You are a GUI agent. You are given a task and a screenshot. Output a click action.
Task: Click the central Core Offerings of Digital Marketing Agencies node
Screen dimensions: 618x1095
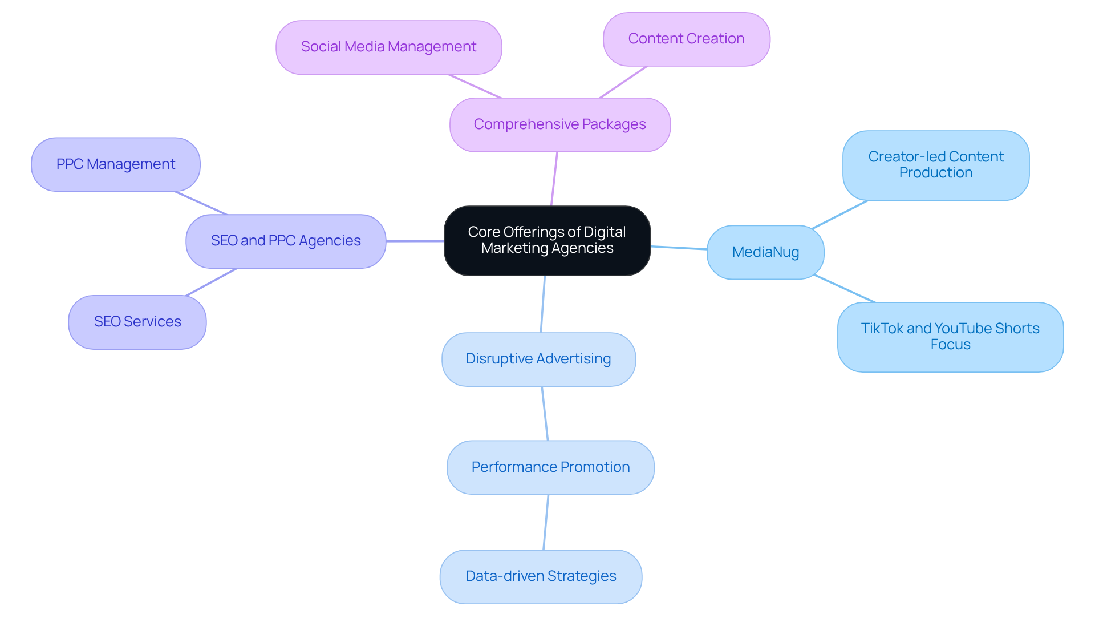click(x=547, y=240)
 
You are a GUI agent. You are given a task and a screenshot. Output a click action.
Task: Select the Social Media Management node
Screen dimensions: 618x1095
click(x=388, y=47)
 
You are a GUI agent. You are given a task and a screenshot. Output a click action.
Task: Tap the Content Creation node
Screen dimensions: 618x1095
click(x=686, y=39)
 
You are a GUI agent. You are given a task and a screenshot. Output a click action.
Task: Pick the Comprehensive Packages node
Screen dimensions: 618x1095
click(x=559, y=124)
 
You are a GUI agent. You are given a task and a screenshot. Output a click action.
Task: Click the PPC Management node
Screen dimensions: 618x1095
click(x=115, y=164)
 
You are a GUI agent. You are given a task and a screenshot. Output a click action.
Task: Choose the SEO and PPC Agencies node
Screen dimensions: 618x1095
click(x=285, y=241)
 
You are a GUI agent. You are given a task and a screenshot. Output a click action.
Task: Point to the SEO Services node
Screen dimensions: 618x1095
click(x=137, y=322)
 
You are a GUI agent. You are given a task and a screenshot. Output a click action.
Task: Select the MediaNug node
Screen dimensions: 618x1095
click(x=765, y=252)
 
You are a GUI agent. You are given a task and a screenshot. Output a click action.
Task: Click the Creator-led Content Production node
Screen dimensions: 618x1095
click(x=935, y=165)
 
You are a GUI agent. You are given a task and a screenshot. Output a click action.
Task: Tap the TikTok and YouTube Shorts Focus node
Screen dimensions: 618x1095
click(x=950, y=337)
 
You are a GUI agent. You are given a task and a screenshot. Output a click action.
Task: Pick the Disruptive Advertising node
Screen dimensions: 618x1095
click(x=538, y=359)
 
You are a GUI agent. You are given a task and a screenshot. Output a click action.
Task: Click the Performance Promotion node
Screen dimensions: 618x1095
click(x=550, y=467)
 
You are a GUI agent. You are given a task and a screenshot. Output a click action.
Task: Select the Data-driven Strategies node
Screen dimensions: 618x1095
click(x=540, y=576)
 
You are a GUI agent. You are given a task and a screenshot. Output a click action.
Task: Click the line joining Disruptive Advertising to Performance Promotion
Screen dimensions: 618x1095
click(x=545, y=413)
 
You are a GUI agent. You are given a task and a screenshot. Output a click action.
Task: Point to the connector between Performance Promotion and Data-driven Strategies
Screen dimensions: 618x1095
click(x=546, y=522)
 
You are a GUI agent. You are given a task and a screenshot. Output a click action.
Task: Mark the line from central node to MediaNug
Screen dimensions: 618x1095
click(x=679, y=248)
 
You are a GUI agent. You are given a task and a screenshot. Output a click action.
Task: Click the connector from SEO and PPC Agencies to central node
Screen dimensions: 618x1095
click(x=415, y=241)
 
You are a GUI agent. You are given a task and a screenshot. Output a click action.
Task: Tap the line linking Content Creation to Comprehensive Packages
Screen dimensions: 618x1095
click(x=623, y=82)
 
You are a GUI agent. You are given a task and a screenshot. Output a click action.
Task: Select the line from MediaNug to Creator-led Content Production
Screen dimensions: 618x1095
click(x=839, y=215)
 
